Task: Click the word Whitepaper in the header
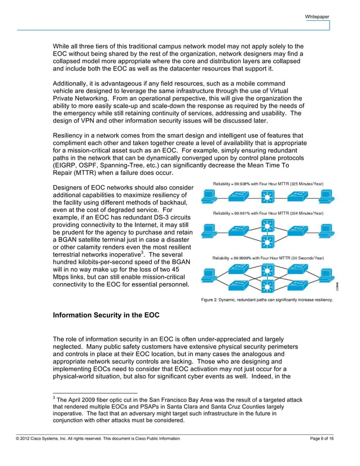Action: tap(317, 17)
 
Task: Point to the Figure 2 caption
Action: tap(267, 300)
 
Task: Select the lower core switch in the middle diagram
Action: tap(267, 241)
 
